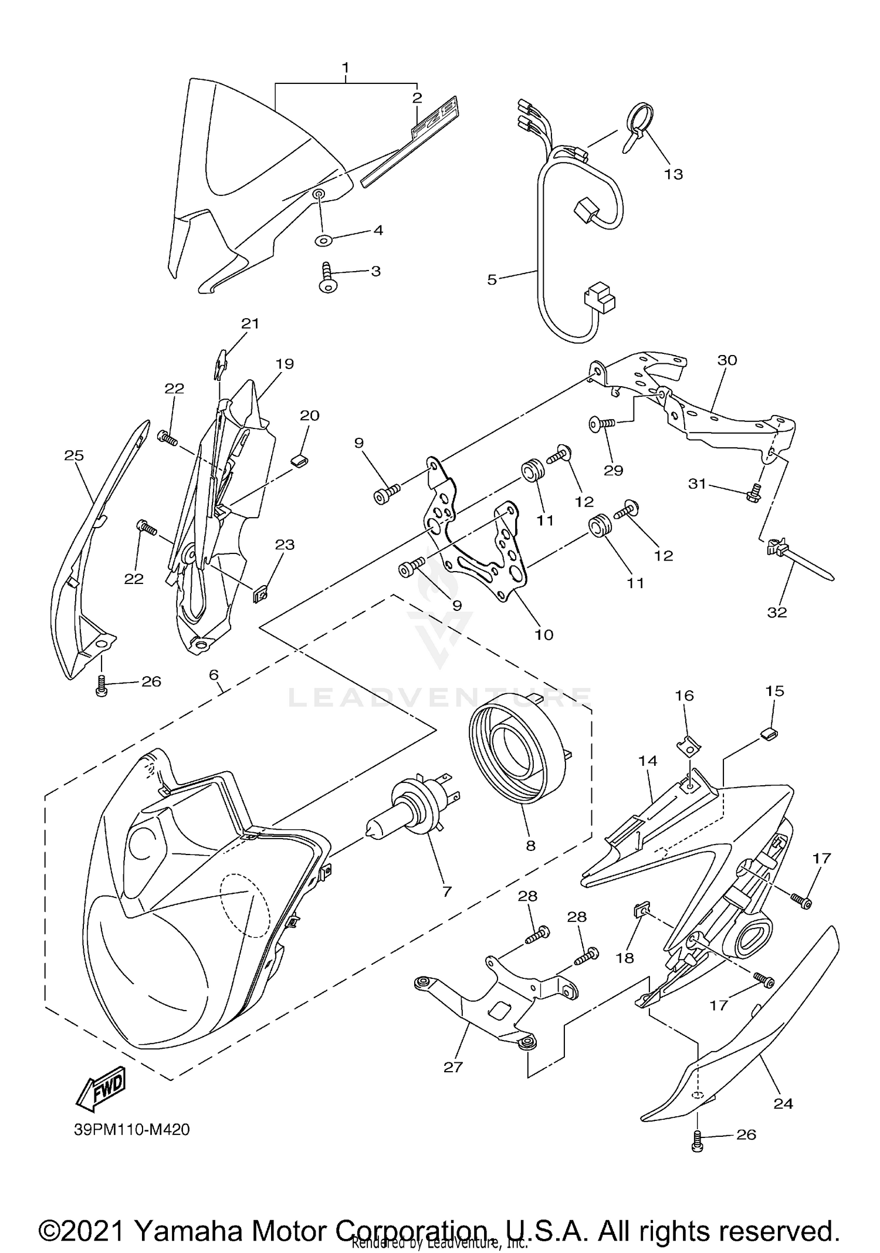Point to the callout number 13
click(x=673, y=174)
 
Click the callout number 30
click(x=727, y=360)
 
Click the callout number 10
click(x=544, y=634)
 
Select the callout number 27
click(x=453, y=1067)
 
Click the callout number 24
click(x=783, y=1104)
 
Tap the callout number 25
click(x=74, y=455)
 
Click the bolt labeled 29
click(x=601, y=422)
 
